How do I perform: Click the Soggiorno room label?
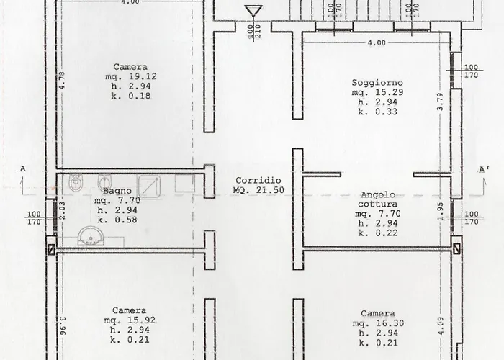click(377, 82)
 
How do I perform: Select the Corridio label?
click(258, 180)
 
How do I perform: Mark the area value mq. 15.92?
click(130, 320)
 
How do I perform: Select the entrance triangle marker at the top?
click(252, 12)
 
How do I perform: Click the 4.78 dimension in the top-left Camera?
click(63, 80)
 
